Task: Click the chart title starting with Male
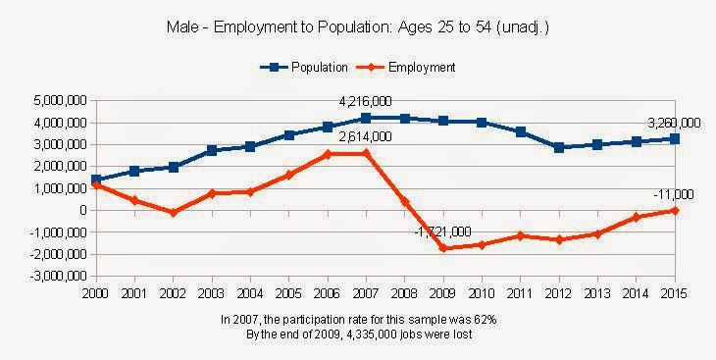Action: (358, 27)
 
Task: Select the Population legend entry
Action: (304, 67)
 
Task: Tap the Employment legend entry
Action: (405, 67)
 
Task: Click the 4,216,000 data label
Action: (365, 101)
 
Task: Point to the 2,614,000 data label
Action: (365, 136)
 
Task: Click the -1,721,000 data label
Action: (442, 232)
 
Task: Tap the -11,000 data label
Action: (674, 194)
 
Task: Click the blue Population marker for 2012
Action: (559, 147)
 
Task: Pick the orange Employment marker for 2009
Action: (443, 248)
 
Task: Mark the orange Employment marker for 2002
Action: (173, 213)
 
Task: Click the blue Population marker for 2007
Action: (366, 119)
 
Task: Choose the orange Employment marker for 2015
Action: (675, 211)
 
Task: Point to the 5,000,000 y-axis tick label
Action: (62, 101)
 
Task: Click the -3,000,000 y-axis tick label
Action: (60, 277)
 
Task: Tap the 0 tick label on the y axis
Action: (84, 211)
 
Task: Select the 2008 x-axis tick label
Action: (404, 293)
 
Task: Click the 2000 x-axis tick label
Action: (95, 293)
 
